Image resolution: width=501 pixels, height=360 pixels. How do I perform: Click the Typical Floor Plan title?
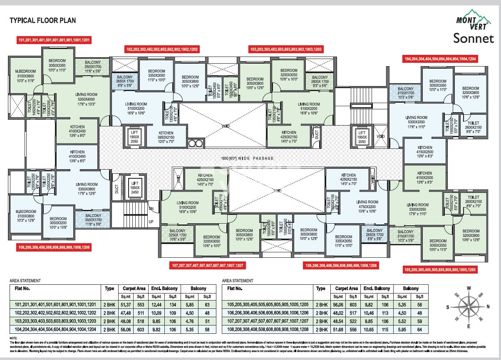point(43,20)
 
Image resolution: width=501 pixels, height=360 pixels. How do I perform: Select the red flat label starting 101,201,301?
point(54,40)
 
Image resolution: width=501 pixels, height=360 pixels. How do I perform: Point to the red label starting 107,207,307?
point(208,265)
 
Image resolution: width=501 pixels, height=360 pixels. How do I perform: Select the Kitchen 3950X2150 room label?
point(166,138)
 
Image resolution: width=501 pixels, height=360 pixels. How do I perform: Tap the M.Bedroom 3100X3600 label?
point(26,75)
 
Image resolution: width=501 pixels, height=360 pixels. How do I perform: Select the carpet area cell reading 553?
point(141,304)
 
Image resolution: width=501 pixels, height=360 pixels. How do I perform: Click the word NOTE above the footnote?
point(13,338)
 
